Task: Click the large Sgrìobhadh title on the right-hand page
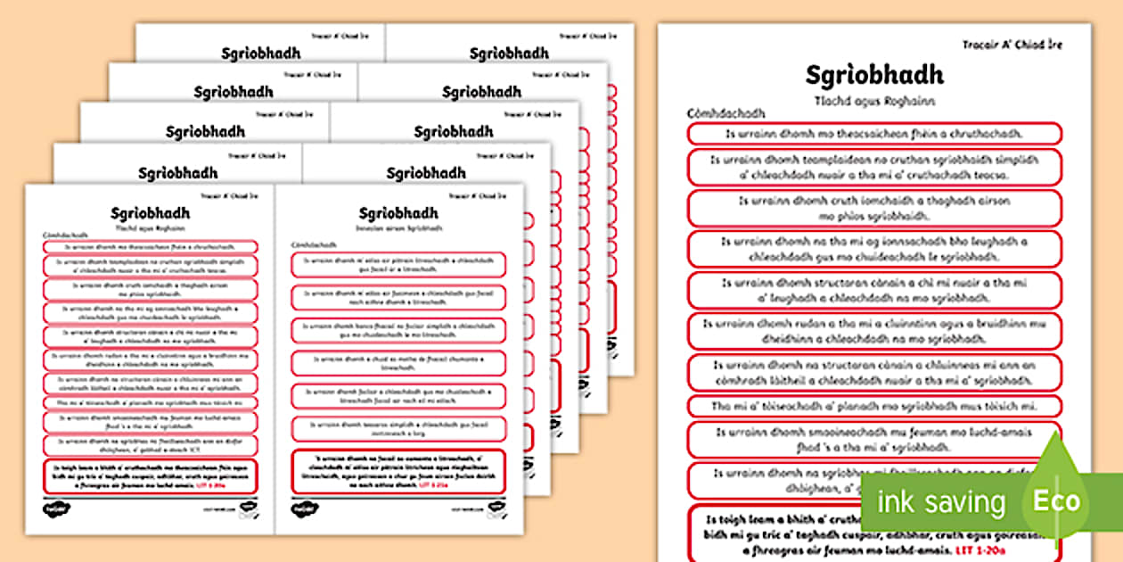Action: pyautogui.click(x=873, y=75)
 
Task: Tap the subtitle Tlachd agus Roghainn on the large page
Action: pyautogui.click(x=873, y=101)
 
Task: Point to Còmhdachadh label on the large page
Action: pyautogui.click(x=726, y=115)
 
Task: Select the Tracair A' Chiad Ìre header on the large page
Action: pyautogui.click(x=1012, y=44)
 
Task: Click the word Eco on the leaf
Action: pyautogui.click(x=1056, y=501)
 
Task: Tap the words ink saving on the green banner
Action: pyautogui.click(x=940, y=502)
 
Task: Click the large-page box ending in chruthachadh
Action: pyautogui.click(x=873, y=134)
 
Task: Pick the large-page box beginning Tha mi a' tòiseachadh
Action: pyautogui.click(x=873, y=407)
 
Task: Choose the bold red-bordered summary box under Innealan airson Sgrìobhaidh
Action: pyautogui.click(x=398, y=470)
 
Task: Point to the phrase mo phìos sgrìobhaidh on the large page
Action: pyautogui.click(x=873, y=215)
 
